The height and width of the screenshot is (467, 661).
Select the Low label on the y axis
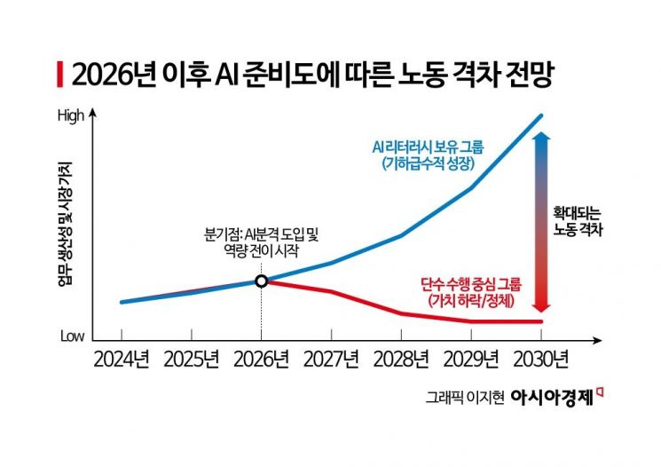(x=72, y=337)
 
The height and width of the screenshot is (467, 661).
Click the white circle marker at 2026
(x=261, y=281)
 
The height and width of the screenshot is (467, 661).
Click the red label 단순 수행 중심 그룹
(x=471, y=286)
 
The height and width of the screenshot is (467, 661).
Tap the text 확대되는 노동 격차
(x=578, y=222)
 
